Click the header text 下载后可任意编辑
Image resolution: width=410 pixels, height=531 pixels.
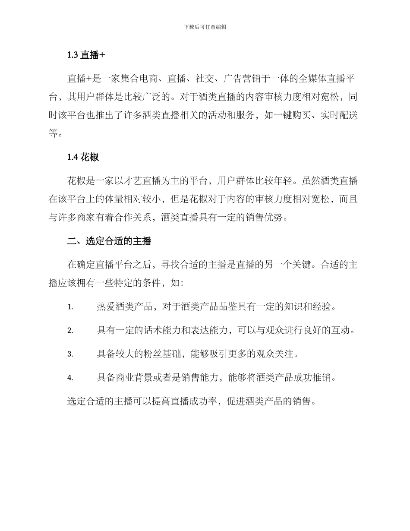(x=205, y=27)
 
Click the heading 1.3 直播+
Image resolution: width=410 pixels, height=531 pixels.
(x=86, y=55)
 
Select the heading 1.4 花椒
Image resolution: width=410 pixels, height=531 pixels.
(x=83, y=158)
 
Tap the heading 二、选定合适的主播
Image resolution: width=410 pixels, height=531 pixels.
(x=109, y=241)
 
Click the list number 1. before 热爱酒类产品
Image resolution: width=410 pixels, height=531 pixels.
(x=70, y=307)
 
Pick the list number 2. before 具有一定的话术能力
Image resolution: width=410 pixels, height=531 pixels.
(x=70, y=331)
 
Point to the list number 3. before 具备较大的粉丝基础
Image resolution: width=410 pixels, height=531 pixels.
(x=70, y=354)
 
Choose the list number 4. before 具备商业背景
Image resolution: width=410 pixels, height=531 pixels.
(x=70, y=378)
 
